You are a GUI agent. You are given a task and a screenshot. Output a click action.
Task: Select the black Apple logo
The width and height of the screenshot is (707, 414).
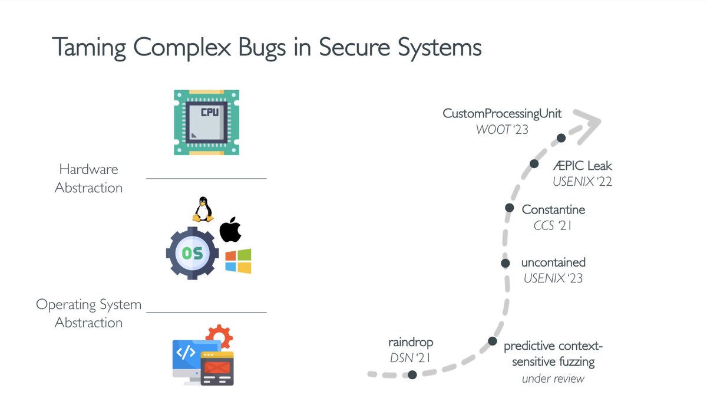pyautogui.click(x=230, y=231)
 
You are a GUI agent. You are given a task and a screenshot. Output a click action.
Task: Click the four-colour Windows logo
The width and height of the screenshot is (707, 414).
pyautogui.click(x=238, y=261)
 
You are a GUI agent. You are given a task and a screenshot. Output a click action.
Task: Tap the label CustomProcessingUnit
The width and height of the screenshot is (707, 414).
pyautogui.click(x=502, y=113)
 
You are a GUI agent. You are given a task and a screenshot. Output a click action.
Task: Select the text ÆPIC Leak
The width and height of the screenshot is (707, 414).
pyautogui.click(x=582, y=166)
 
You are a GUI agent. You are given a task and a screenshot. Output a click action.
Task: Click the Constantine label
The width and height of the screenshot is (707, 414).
pyautogui.click(x=553, y=209)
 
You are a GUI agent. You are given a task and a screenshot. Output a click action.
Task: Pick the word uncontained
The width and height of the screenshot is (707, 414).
pyautogui.click(x=553, y=262)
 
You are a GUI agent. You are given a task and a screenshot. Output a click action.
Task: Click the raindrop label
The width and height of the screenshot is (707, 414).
pyautogui.click(x=411, y=342)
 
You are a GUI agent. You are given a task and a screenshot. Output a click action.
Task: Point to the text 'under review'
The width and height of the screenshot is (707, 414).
pyautogui.click(x=553, y=379)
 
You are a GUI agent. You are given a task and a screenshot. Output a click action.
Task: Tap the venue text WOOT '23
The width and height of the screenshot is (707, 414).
pyautogui.click(x=502, y=129)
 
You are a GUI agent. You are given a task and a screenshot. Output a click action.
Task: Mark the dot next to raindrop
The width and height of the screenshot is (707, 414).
pyautogui.click(x=412, y=374)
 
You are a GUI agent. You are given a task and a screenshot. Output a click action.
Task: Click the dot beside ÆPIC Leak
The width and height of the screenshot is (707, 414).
pyautogui.click(x=534, y=164)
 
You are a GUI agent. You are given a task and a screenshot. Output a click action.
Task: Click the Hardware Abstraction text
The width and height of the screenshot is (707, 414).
pyautogui.click(x=88, y=179)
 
